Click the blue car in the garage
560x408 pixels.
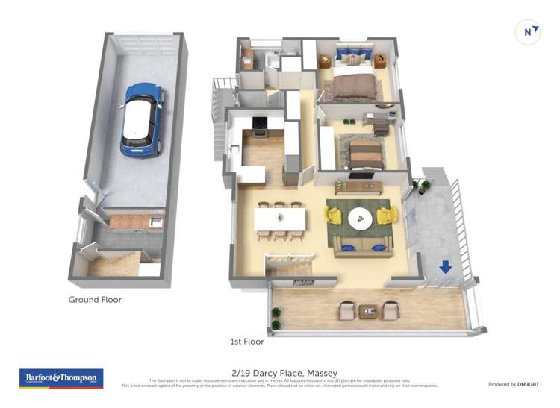(142, 119)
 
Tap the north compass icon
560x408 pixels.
(528, 32)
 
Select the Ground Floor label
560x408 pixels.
(95, 300)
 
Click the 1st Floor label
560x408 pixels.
(246, 342)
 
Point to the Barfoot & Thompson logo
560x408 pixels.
(61, 378)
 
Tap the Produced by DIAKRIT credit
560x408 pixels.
(514, 384)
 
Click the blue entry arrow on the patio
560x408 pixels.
(445, 266)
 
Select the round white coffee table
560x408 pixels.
(360, 217)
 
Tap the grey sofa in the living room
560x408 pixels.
(364, 245)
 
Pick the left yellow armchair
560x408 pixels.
(333, 216)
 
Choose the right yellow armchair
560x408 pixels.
(388, 216)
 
